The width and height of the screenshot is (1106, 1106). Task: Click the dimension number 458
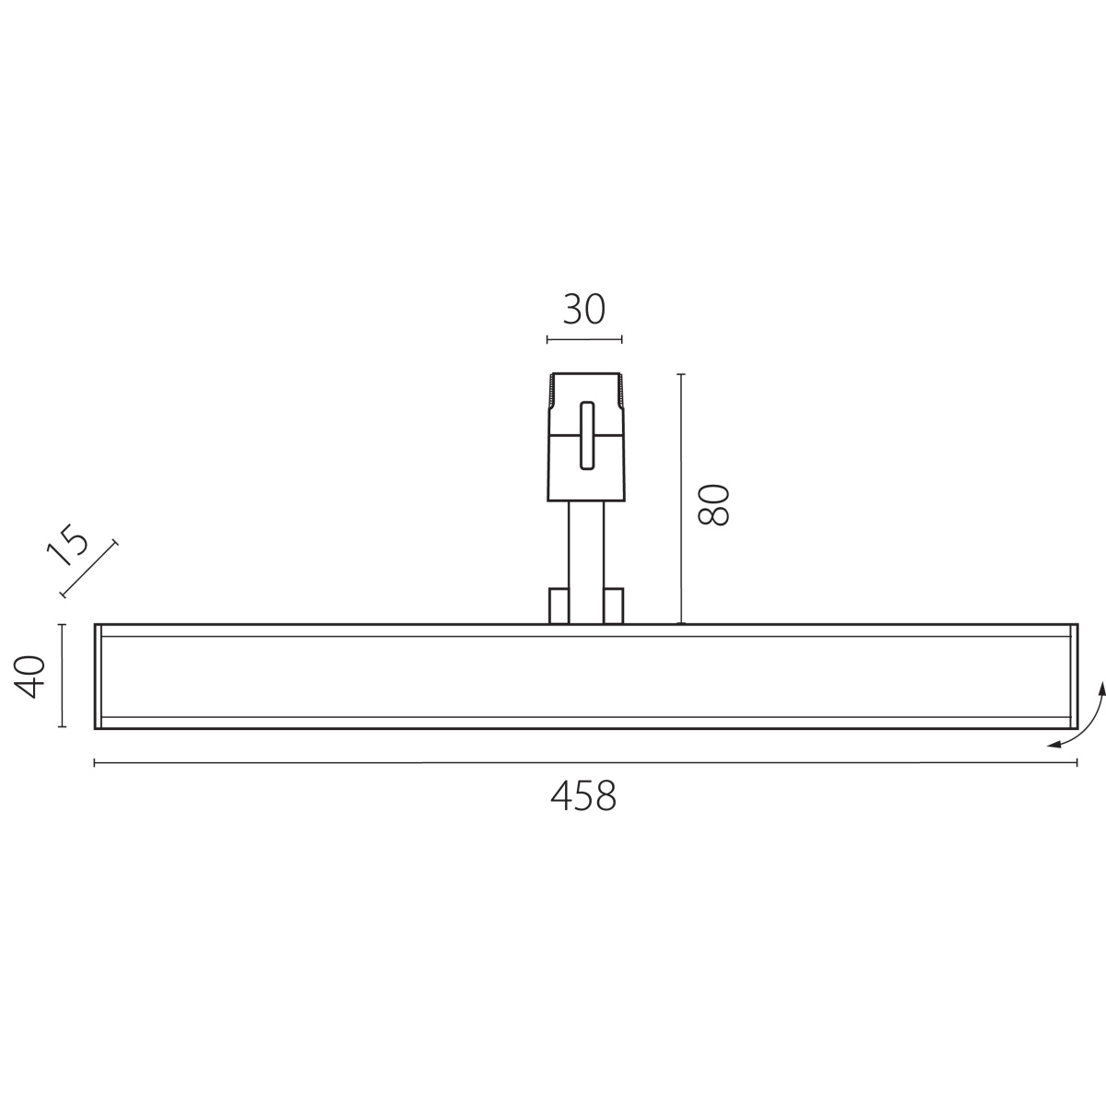coord(583,796)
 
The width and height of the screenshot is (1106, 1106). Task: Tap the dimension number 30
coord(583,310)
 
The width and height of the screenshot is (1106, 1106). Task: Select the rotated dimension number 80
coord(713,505)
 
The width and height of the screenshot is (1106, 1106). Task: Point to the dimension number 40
coord(29,677)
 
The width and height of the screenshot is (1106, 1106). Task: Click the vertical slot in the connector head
coord(586,436)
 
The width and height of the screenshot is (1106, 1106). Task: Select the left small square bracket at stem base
coord(559,606)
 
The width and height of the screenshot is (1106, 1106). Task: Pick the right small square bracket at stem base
coord(614,606)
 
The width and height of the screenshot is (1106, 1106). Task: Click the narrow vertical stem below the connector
coord(586,562)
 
